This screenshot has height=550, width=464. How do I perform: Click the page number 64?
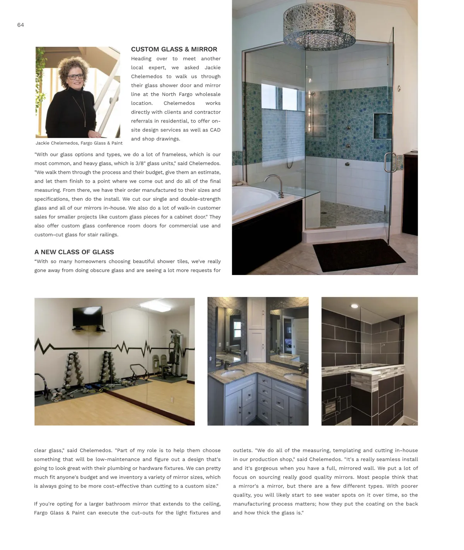(x=20, y=25)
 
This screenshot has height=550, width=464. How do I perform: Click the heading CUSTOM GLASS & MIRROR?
(x=174, y=50)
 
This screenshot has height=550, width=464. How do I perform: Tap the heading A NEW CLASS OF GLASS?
(x=74, y=252)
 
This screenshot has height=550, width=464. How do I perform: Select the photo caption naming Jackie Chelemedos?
(x=79, y=143)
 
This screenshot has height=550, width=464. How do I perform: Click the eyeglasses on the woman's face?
(x=75, y=77)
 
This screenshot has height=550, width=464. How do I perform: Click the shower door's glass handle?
(x=390, y=162)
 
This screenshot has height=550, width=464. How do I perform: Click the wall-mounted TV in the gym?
(x=87, y=316)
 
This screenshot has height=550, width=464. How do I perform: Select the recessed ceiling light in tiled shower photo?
(x=354, y=306)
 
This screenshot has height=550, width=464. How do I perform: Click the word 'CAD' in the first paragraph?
(x=215, y=130)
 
